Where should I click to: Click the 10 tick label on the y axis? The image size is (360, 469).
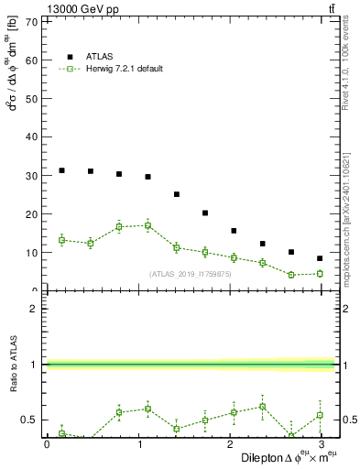click(x=31, y=252)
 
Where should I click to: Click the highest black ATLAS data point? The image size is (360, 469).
click(x=61, y=170)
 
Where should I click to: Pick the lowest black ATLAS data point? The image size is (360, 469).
click(x=320, y=258)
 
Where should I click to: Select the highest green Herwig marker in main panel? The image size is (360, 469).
click(x=147, y=225)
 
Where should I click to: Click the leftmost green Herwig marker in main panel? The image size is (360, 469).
click(x=61, y=240)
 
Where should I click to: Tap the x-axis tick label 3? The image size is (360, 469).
click(x=320, y=444)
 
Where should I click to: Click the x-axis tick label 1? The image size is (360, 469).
click(x=138, y=444)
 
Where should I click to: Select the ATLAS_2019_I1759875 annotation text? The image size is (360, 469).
click(x=189, y=274)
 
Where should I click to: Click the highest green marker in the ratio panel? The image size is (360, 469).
click(x=263, y=406)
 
